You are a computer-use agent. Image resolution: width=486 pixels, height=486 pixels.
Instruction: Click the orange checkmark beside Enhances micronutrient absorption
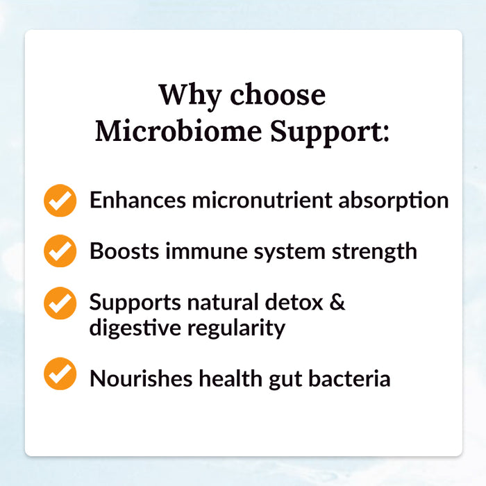[x=60, y=201]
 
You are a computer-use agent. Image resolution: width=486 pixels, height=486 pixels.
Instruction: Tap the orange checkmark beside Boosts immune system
[x=60, y=251]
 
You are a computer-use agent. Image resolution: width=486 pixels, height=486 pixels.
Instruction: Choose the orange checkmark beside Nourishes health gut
[x=60, y=374]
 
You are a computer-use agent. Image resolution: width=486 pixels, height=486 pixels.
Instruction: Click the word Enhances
[x=137, y=200]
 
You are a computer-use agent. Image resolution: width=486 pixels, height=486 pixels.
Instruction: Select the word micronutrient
[x=262, y=200]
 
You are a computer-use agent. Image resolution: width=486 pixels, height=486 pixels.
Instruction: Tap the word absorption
[x=394, y=201]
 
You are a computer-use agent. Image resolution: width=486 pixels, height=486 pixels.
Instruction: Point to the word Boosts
[x=124, y=251]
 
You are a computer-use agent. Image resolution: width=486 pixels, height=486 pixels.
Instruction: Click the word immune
[x=200, y=251]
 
